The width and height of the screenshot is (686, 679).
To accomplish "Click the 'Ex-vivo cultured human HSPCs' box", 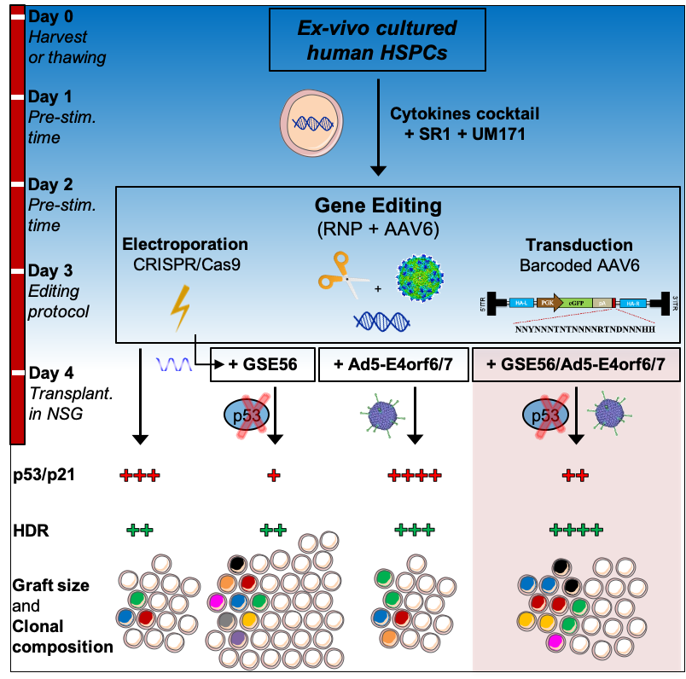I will pos(377,39).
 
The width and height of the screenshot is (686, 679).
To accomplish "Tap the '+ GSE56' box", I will pos(263,364).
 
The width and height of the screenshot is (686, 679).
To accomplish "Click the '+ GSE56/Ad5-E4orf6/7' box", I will pos(576,364).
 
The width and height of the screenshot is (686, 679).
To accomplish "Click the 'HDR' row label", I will pos(31,531).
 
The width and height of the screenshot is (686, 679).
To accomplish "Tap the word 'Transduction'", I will pos(579,246).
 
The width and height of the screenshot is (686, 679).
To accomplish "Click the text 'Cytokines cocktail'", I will pos(464,113).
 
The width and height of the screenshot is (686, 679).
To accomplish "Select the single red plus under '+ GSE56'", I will pos(273,475).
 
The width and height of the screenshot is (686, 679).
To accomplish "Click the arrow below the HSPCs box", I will pos(377,128).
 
